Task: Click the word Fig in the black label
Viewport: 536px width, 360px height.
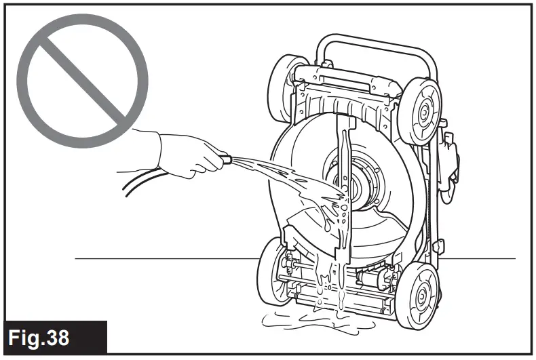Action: point(33,336)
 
